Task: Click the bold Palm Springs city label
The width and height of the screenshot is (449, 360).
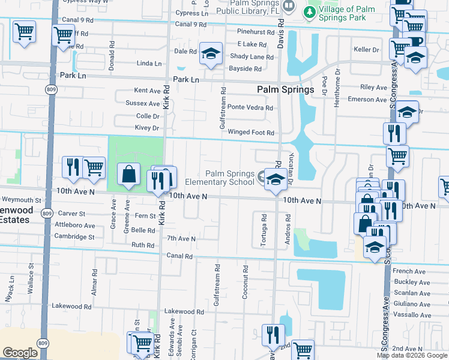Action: [x=286, y=89]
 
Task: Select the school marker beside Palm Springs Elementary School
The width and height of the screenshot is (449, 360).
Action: [x=275, y=179]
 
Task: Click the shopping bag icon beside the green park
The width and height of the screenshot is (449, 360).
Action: [x=128, y=175]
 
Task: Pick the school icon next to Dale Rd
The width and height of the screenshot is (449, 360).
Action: [x=211, y=54]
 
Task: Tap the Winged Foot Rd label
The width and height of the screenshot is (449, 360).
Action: [x=250, y=133]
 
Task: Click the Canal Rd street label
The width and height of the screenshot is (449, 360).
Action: [x=180, y=256]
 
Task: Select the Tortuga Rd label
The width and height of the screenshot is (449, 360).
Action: [x=264, y=227]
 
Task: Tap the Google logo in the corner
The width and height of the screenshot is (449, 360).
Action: [x=20, y=353]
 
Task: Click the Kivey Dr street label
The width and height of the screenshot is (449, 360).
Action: [x=147, y=128]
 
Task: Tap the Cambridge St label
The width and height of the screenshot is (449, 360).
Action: [x=75, y=237]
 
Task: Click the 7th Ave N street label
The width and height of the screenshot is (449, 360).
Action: [x=181, y=238]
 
